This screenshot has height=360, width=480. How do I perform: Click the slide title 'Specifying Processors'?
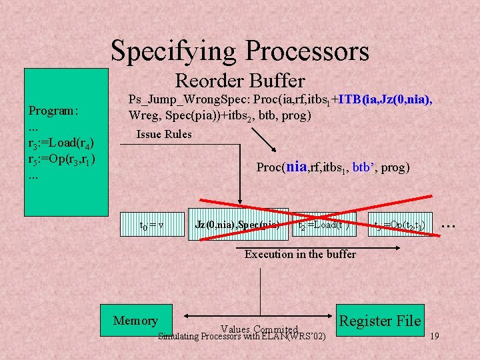pos(240,50)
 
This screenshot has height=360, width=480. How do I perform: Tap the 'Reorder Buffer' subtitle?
pos(239,81)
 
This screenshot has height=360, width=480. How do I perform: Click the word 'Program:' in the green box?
pos(53,110)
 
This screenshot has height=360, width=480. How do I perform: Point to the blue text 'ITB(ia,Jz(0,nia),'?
pos(385,100)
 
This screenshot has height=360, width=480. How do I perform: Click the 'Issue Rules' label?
pos(164,135)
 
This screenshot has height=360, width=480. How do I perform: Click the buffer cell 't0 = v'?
pos(152,225)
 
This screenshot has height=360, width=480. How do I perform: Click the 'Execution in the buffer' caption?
pos(300,254)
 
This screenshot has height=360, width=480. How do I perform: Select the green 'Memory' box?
pos(136,321)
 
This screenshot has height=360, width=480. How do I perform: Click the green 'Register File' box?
pos(380,321)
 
